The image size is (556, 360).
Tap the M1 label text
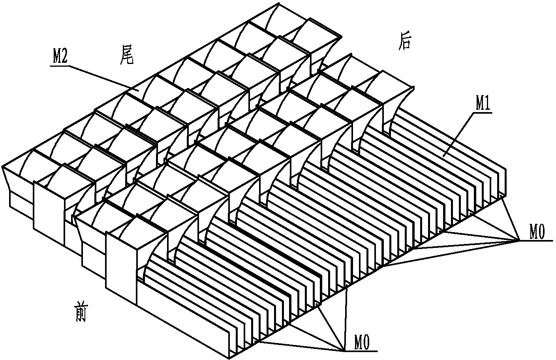(x=483, y=105)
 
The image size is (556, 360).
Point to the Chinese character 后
(x=404, y=42)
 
